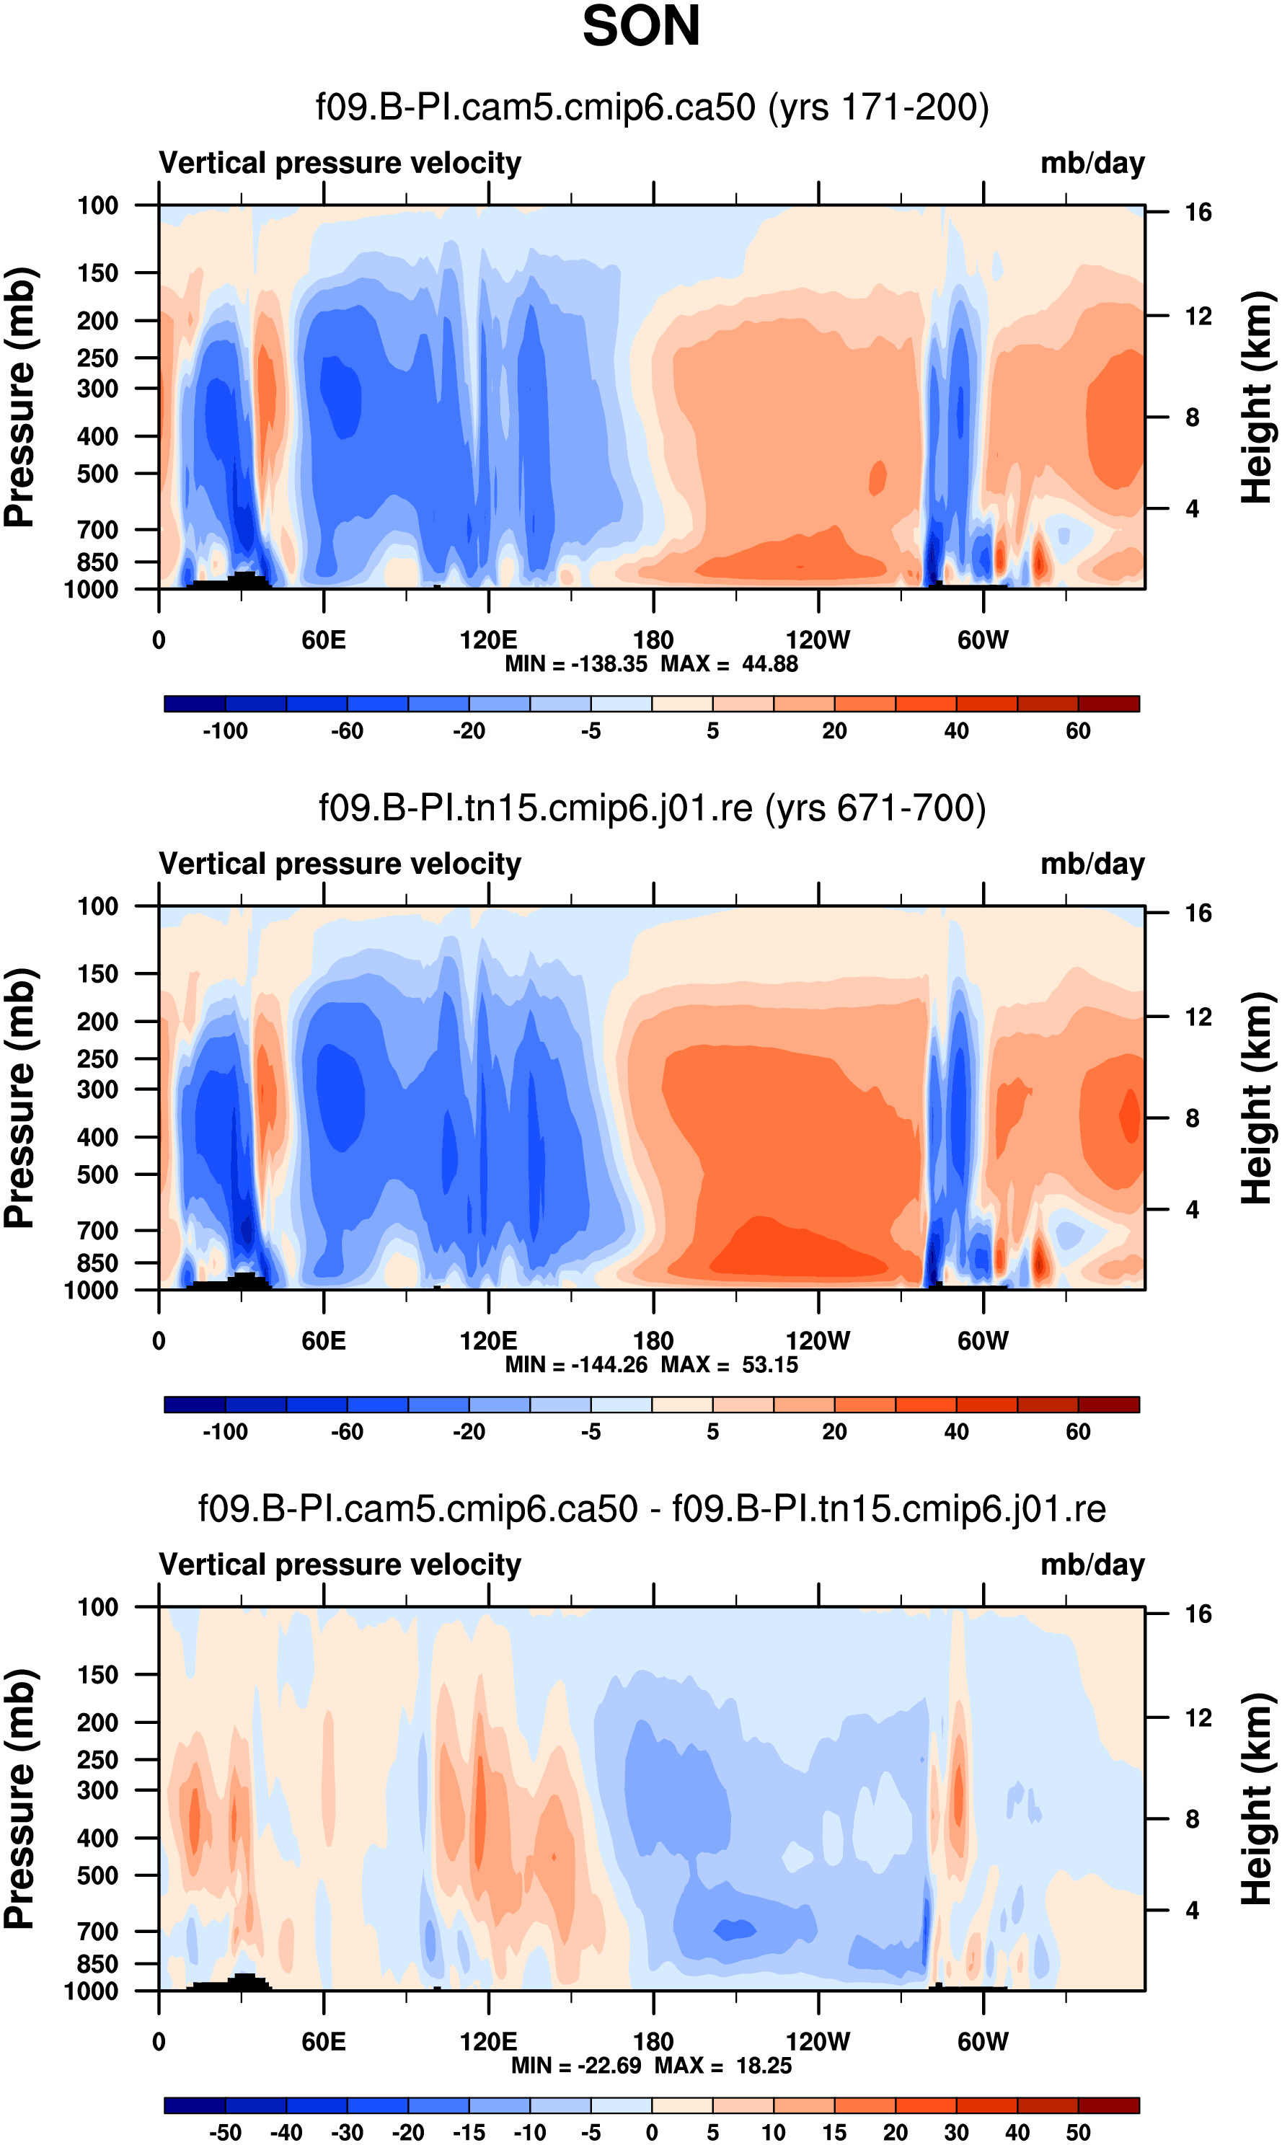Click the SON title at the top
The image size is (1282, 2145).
(640, 26)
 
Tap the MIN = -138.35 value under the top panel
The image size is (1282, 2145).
(575, 664)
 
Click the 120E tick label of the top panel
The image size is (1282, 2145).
(488, 640)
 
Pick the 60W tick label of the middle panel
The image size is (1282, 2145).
(982, 1341)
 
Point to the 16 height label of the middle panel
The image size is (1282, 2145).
(1198, 913)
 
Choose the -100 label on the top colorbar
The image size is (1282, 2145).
(225, 731)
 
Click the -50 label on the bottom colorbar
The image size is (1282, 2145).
(225, 2132)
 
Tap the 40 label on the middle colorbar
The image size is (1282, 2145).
(955, 1431)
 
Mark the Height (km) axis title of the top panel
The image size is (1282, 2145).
(1257, 397)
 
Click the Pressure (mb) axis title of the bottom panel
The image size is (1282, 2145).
(19, 1799)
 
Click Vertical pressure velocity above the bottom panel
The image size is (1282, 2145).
(340, 1565)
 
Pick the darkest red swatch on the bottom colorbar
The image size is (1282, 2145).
(1108, 2105)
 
